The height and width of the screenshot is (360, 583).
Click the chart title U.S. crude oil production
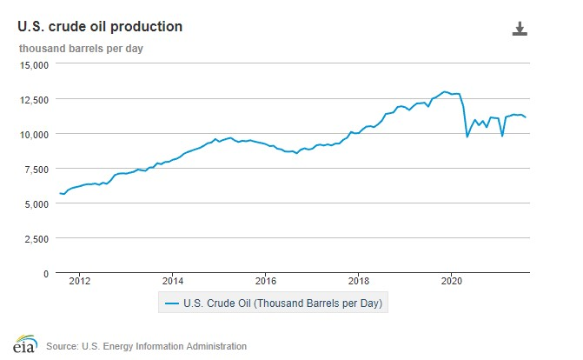point(100,27)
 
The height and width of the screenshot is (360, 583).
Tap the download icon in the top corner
point(520,29)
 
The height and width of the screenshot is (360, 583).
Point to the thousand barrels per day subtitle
point(82,48)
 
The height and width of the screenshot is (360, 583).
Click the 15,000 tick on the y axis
point(35,64)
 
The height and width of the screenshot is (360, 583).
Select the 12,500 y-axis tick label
point(35,99)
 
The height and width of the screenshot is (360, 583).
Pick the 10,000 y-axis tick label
point(35,134)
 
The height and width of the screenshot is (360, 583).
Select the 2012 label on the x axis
point(80,281)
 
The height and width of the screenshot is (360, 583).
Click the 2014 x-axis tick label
point(173,281)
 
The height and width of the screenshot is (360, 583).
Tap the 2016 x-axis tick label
point(266,281)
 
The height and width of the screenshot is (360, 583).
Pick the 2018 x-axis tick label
point(359,281)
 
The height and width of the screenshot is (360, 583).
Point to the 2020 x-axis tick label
point(452,281)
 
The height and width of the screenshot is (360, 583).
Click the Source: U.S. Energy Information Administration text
point(146,346)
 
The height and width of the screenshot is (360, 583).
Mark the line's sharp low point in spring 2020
point(467,137)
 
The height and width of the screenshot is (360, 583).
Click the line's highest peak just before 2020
point(445,91)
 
